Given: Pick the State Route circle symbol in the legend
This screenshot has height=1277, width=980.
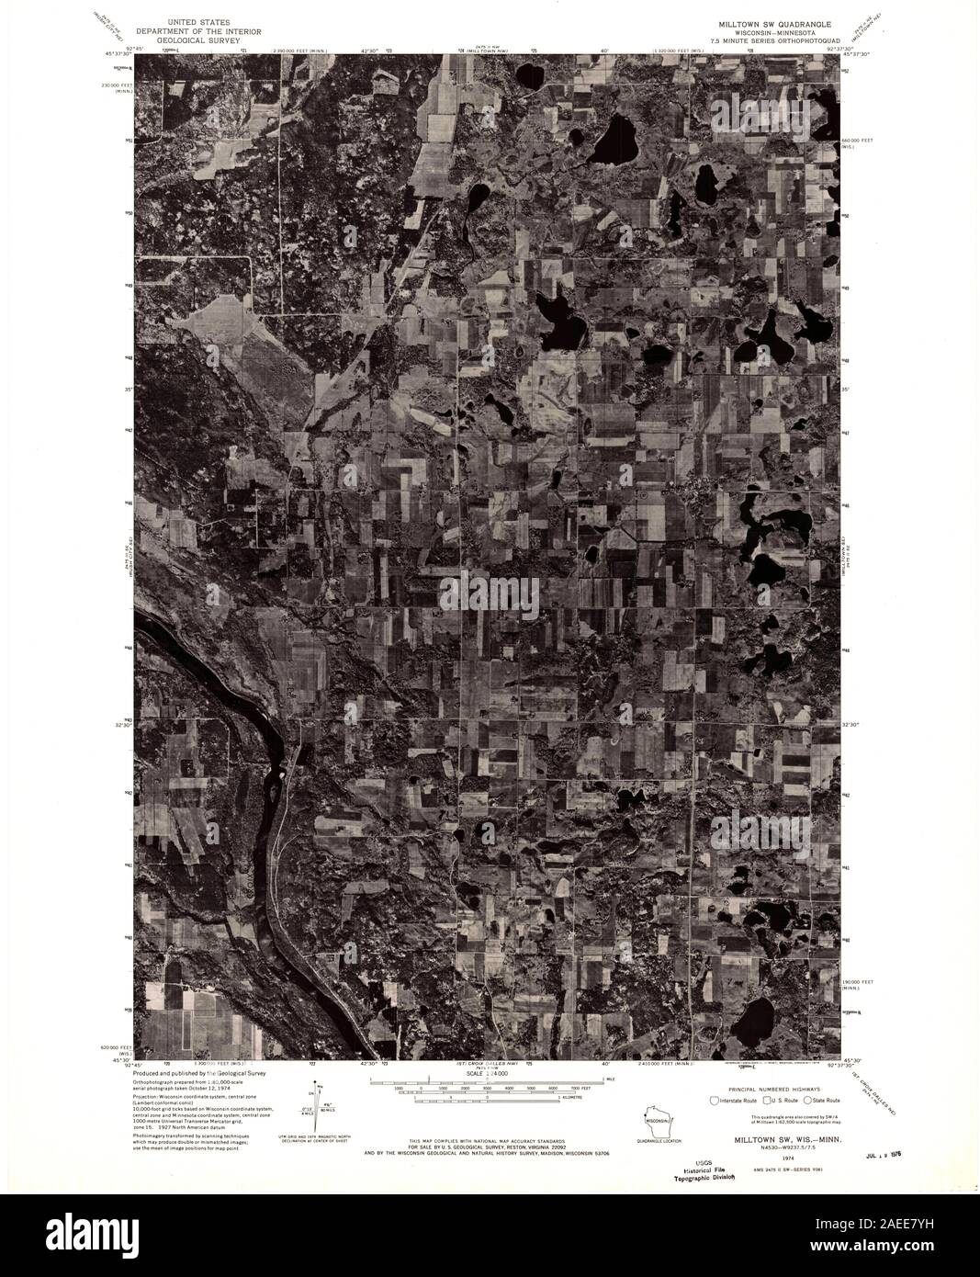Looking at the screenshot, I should pos(807,1100).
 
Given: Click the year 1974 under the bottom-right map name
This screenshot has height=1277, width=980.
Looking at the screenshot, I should pos(761,1158).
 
